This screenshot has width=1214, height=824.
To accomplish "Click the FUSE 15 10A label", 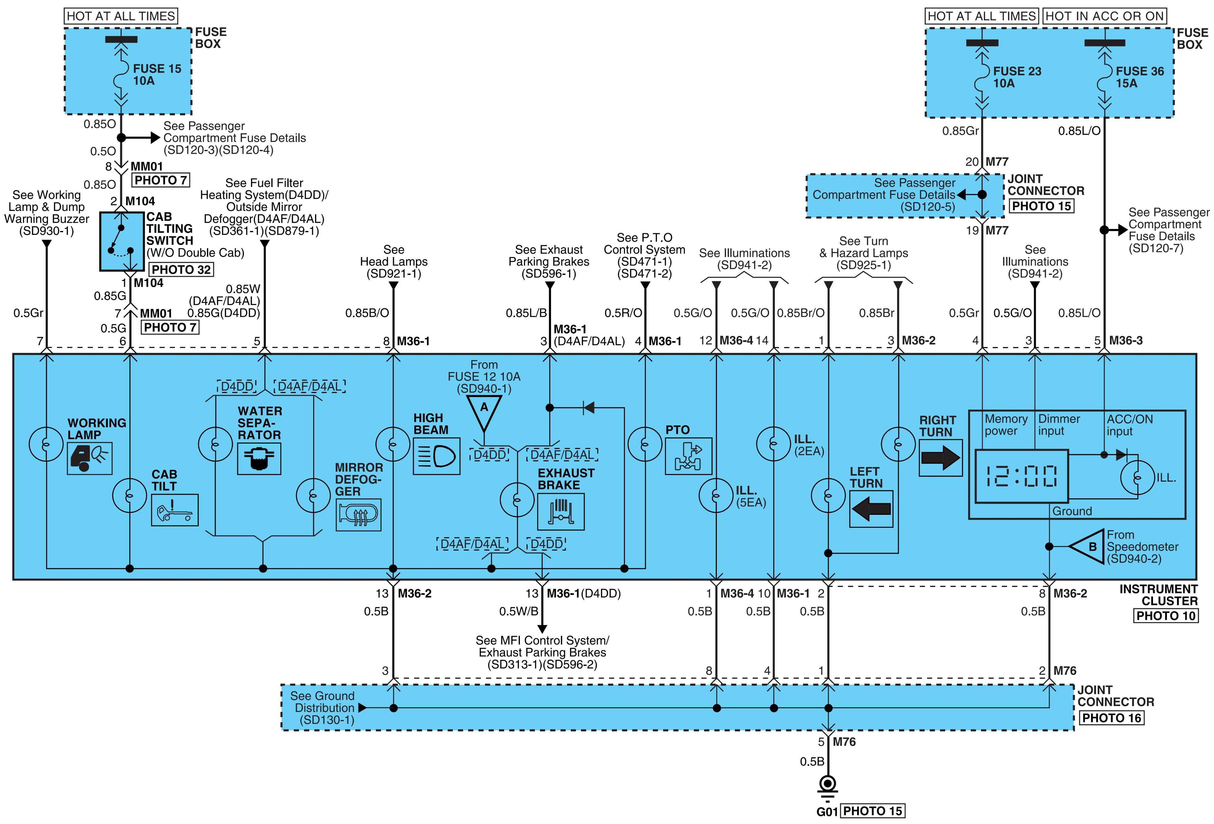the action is pos(157,75).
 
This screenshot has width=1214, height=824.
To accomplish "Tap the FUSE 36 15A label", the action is pos(1140,77).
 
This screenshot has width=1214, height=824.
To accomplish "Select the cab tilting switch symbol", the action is pos(122,241).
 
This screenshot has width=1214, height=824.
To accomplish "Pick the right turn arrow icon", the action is pos(940,458).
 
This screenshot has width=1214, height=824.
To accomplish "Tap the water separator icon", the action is pos(259,459).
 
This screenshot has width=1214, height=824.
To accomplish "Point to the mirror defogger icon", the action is pos(358,515).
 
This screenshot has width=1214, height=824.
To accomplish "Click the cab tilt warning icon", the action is pos(175,510).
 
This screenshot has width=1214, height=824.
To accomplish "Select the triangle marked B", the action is pos(1087,547).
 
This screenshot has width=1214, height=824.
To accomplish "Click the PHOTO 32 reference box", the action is pos(181,270).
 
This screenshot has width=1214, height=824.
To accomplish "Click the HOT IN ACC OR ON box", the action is pos(1104,16).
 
